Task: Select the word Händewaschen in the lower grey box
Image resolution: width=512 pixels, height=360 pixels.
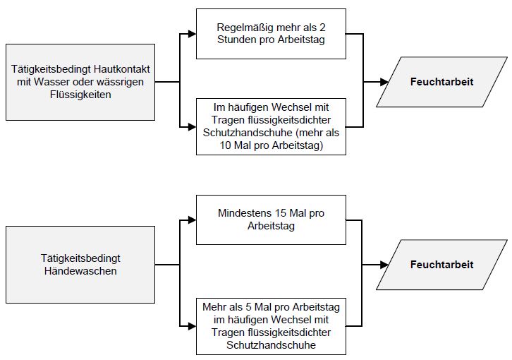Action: (80, 270)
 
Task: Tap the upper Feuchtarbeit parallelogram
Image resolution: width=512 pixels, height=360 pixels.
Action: (441, 82)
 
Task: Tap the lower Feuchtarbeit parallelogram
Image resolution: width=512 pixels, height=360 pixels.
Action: (441, 265)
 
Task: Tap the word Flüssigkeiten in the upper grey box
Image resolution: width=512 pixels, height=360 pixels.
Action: (80, 94)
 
